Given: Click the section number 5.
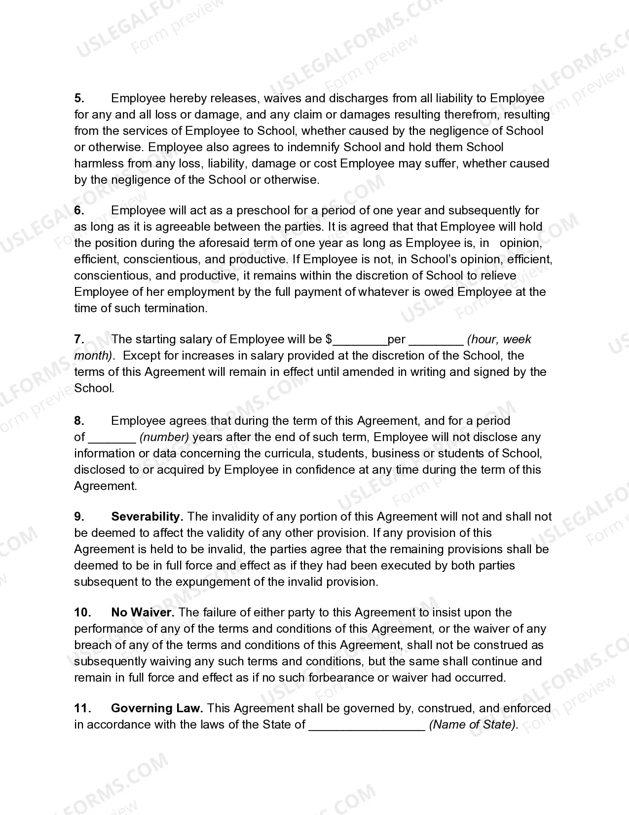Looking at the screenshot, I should point(79,98).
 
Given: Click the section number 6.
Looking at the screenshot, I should point(79,210).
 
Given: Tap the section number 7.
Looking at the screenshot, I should point(79,339).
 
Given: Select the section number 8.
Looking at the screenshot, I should point(79,421).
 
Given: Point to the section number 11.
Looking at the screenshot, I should point(82,708).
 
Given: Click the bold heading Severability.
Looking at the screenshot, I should point(147,517).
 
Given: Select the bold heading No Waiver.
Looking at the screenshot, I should point(143,612).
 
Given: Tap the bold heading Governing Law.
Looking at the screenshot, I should point(157,708).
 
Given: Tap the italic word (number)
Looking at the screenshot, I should point(164,437).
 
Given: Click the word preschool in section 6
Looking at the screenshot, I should point(263,210).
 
